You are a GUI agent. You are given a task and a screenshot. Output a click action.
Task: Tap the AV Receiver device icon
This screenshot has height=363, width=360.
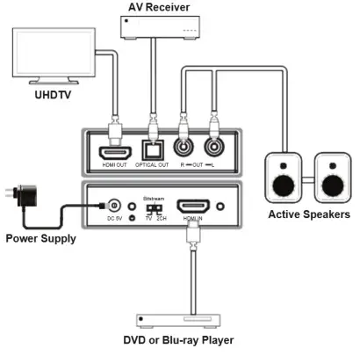(x=156, y=28)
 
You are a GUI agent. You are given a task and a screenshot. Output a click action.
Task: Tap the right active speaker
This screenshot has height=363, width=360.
(x=331, y=177)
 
